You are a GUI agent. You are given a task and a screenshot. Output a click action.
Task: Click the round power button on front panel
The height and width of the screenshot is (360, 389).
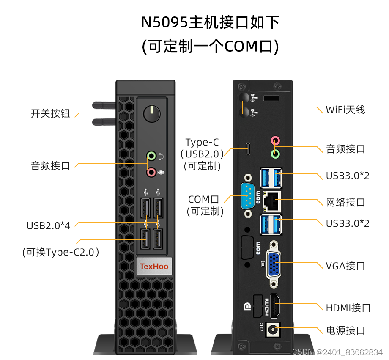151,113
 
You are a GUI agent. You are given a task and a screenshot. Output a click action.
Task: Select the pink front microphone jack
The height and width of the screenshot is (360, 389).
151,171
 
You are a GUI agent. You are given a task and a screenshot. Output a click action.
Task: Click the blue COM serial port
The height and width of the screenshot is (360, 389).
248,196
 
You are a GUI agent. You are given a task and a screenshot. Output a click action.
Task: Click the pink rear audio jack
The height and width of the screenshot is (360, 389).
275,140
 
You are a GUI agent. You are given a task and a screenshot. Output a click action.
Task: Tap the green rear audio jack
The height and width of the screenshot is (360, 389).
275,153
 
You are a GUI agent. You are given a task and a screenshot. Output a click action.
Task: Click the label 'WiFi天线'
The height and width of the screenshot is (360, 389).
345,110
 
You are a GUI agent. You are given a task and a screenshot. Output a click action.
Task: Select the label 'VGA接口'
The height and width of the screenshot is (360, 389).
345,266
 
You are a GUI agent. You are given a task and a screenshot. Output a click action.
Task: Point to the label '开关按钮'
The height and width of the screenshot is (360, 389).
50,113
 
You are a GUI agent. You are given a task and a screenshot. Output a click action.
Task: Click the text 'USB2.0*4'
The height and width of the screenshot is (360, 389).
48,225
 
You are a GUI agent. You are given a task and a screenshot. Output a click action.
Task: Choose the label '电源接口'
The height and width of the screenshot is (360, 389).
345,330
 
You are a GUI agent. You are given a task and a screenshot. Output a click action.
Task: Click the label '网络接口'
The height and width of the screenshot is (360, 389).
345,202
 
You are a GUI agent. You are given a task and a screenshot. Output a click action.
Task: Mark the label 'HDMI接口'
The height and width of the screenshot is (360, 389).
348,308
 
